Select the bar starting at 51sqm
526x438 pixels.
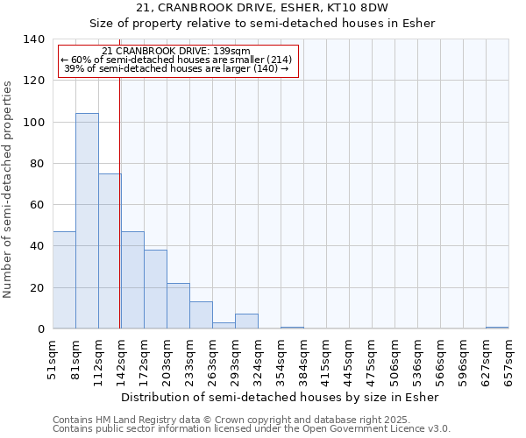pyautogui.click(x=64, y=280)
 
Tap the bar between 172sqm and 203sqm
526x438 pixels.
pyautogui.click(x=155, y=289)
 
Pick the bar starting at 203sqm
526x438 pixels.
pyautogui.click(x=178, y=306)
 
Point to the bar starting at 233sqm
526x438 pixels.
pyautogui.click(x=201, y=315)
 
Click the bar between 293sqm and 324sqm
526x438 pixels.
pyautogui.click(x=246, y=321)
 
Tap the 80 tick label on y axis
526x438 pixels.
pyautogui.click(x=36, y=164)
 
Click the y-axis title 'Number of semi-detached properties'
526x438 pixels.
pyautogui.click(x=9, y=189)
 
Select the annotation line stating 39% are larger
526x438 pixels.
pyautogui.click(x=176, y=68)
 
